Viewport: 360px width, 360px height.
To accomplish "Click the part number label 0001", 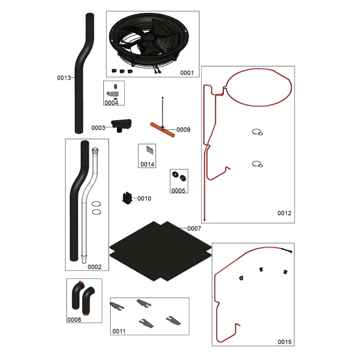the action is tap(187, 73).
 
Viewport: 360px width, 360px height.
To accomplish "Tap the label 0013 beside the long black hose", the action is tap(64, 78).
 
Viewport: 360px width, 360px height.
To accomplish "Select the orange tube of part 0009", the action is tap(162, 130).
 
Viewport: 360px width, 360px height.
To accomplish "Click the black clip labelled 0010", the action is tap(127, 198).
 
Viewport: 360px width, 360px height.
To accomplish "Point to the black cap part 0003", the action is tap(121, 125).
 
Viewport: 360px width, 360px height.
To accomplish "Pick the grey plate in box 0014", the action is tap(150, 150).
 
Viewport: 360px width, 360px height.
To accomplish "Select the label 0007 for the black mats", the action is tap(194, 229).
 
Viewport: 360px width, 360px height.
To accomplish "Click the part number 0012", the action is tap(284, 213).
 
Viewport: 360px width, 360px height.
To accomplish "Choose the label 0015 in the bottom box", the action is tap(285, 342).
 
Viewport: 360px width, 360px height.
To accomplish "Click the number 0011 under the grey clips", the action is tap(119, 331).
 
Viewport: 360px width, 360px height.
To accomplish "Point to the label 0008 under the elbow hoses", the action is tap(74, 319).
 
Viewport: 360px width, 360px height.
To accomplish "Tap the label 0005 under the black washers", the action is tap(178, 190).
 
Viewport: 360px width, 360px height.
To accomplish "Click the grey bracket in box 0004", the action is tap(113, 94).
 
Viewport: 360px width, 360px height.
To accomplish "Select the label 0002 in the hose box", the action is tap(94, 267).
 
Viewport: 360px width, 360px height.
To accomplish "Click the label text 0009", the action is tap(184, 130).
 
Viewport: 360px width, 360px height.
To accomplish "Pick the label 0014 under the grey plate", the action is tap(148, 164).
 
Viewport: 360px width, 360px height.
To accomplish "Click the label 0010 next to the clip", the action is tap(144, 198).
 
